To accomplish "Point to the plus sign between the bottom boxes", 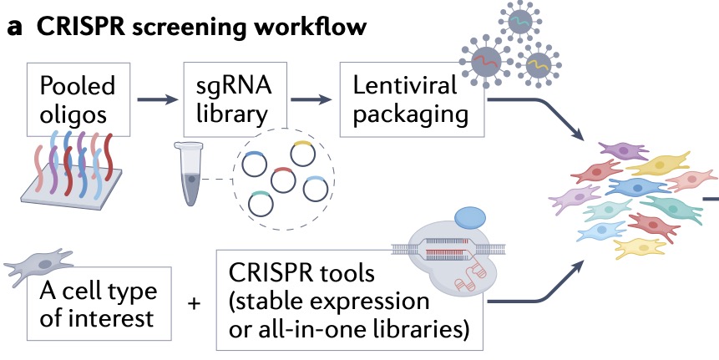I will tap(195, 304).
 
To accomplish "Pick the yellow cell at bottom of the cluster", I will tap(641, 247).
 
